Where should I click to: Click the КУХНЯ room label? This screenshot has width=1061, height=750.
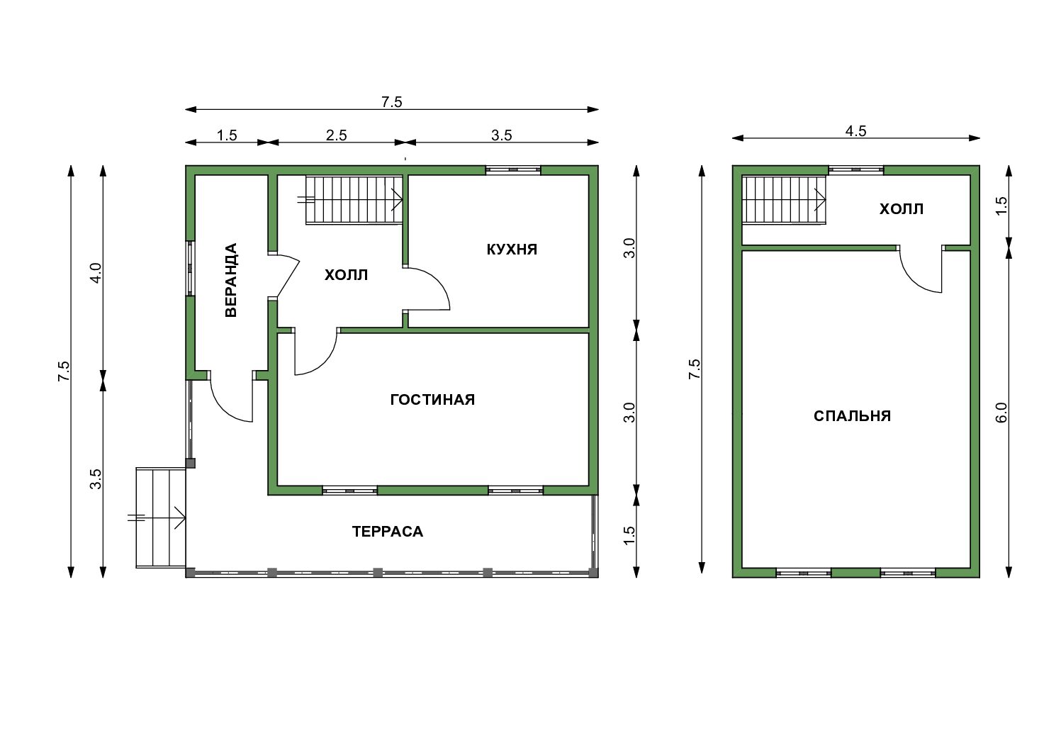pyautogui.click(x=512, y=250)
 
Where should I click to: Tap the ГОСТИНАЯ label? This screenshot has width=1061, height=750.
pyautogui.click(x=432, y=400)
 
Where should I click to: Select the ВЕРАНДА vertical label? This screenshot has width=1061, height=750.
pyautogui.click(x=230, y=280)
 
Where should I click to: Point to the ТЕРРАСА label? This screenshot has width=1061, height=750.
pyautogui.click(x=388, y=532)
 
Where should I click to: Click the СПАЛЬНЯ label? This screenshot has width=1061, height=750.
pyautogui.click(x=852, y=416)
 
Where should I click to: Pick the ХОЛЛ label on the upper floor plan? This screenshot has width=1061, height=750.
pyautogui.click(x=902, y=209)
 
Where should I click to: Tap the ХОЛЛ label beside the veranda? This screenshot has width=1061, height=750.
pyautogui.click(x=346, y=275)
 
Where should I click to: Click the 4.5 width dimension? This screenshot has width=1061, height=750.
pyautogui.click(x=856, y=130)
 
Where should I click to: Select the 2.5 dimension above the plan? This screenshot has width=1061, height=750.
pyautogui.click(x=336, y=135)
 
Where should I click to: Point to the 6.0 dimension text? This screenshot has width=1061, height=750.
pyautogui.click(x=1001, y=412)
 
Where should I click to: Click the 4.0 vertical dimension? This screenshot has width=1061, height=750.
pyautogui.click(x=96, y=274)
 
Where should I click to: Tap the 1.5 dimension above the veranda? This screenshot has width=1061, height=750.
pyautogui.click(x=227, y=135)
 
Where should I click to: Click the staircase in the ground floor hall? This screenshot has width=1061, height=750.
pyautogui.click(x=354, y=199)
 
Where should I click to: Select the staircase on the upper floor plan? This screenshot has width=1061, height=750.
pyautogui.click(x=784, y=199)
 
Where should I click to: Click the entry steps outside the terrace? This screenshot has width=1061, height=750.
pyautogui.click(x=161, y=517)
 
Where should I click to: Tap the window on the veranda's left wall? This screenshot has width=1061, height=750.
pyautogui.click(x=190, y=268)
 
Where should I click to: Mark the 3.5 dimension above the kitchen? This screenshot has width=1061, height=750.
pyautogui.click(x=501, y=135)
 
